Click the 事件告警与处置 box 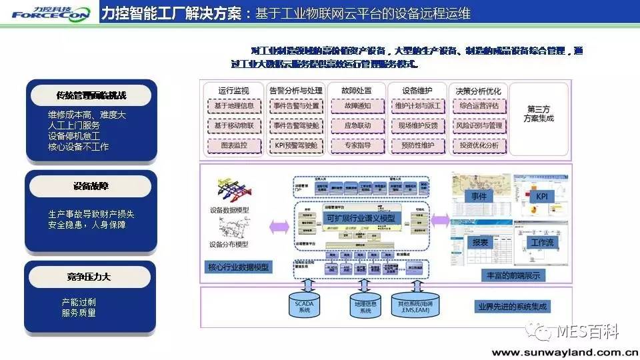pos(297,106)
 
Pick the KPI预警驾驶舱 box pos(297,145)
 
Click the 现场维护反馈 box pos(418,125)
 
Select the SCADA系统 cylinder pos(303,306)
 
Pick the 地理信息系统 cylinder pos(365,307)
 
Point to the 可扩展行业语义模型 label pos(359,218)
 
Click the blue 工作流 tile pos(541,241)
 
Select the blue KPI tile pos(541,197)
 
